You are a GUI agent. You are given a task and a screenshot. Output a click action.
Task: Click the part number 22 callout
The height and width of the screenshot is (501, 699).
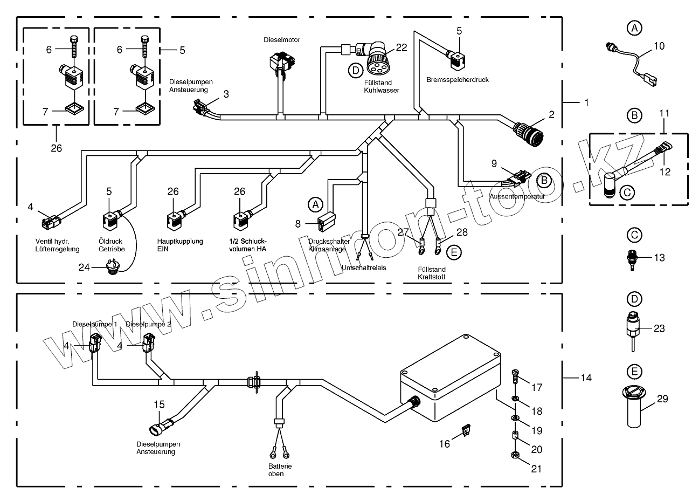click(401, 47)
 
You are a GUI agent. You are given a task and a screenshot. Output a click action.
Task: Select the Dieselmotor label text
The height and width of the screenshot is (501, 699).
click(281, 40)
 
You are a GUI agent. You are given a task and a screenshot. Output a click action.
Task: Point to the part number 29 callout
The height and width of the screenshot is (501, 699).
click(662, 399)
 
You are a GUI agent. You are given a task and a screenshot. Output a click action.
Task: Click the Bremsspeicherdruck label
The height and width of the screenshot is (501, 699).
click(457, 80)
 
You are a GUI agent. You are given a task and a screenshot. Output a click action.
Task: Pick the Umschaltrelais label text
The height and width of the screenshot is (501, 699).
click(364, 267)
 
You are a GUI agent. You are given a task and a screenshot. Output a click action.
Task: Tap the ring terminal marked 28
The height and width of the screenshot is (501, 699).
click(439, 249)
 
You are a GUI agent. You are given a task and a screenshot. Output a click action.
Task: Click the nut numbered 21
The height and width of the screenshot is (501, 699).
click(515, 457)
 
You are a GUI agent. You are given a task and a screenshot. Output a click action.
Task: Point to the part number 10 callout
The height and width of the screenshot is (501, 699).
click(659, 46)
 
